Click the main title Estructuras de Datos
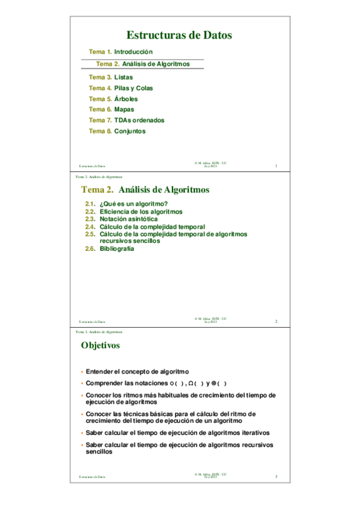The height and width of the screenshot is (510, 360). pyautogui.click(x=179, y=35)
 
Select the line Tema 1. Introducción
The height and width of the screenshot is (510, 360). pyautogui.click(x=121, y=52)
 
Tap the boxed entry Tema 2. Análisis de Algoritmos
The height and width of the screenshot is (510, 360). pyautogui.click(x=143, y=64)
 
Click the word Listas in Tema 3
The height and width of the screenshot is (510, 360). pyautogui.click(x=123, y=78)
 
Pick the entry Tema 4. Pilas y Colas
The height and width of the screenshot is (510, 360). pyautogui.click(x=121, y=88)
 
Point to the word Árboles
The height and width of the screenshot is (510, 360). pyautogui.click(x=126, y=99)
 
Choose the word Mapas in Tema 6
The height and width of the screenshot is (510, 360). pyautogui.click(x=124, y=109)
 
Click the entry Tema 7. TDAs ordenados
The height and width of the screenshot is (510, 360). pyautogui.click(x=126, y=120)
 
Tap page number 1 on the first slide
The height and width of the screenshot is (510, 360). pyautogui.click(x=275, y=166)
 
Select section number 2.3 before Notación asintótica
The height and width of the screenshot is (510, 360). pyautogui.click(x=90, y=220)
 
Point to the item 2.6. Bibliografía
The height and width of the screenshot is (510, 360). pyautogui.click(x=109, y=248)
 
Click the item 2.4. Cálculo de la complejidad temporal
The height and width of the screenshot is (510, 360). pyautogui.click(x=145, y=227)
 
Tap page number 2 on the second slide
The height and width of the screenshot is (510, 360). pyautogui.click(x=276, y=322)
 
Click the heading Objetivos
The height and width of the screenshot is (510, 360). pyautogui.click(x=100, y=346)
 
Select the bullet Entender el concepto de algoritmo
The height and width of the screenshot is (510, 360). pyautogui.click(x=137, y=372)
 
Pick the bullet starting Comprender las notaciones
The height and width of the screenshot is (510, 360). pyautogui.click(x=156, y=384)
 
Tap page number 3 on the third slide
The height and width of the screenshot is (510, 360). pyautogui.click(x=276, y=477)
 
